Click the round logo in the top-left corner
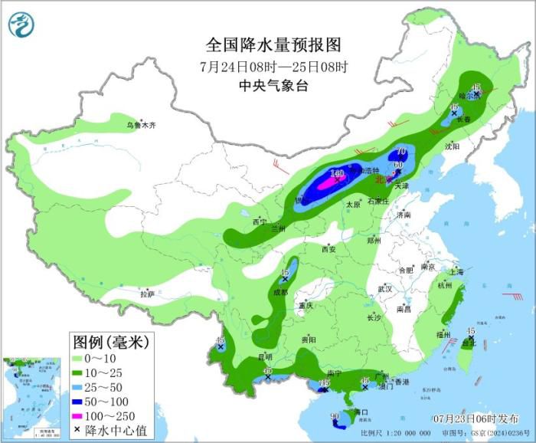(x=22, y=25)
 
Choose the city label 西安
(x=328, y=249)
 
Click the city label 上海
(x=456, y=271)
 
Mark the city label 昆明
(x=264, y=356)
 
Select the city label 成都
(x=282, y=292)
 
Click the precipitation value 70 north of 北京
(x=400, y=152)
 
